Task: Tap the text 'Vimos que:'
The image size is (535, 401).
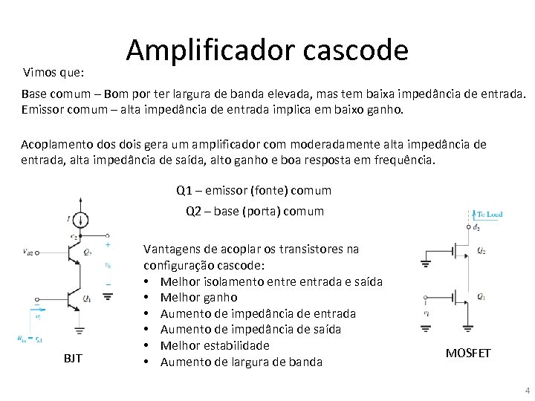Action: pyautogui.click(x=53, y=73)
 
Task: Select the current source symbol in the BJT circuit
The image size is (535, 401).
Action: pyautogui.click(x=82, y=218)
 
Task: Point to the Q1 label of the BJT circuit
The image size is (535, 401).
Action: pyautogui.click(x=87, y=299)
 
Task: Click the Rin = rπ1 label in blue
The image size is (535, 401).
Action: pyautogui.click(x=30, y=339)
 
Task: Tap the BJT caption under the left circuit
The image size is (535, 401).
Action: pyautogui.click(x=73, y=359)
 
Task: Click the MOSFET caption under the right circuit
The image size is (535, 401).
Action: pyautogui.click(x=468, y=353)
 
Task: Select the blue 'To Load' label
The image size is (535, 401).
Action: pyautogui.click(x=487, y=215)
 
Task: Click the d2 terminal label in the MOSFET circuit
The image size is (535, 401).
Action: pyautogui.click(x=476, y=228)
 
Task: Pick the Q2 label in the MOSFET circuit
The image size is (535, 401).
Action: pyautogui.click(x=482, y=250)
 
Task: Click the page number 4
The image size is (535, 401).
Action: pyautogui.click(x=527, y=390)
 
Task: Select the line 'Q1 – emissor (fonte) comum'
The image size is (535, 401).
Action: pyautogui.click(x=254, y=190)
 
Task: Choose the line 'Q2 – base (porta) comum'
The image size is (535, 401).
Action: pyautogui.click(x=255, y=211)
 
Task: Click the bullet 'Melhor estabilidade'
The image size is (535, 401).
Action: pyautogui.click(x=215, y=345)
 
